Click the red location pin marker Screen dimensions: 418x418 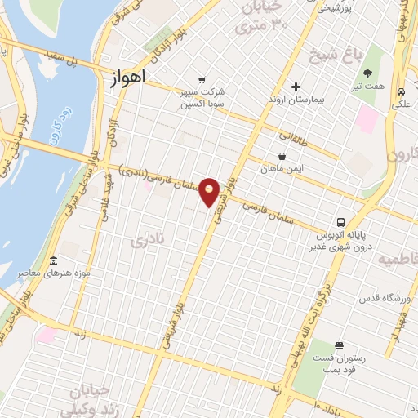click(x=211, y=192)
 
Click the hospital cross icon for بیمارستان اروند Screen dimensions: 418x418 click(x=296, y=87)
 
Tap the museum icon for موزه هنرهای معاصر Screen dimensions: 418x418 click(x=54, y=261)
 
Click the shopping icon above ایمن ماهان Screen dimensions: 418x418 click(x=282, y=156)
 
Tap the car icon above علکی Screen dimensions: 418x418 click(x=401, y=91)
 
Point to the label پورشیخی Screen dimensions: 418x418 click(x=336, y=8)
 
